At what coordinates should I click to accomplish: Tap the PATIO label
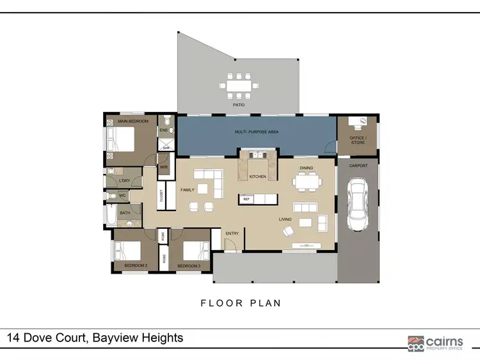click(x=239, y=104)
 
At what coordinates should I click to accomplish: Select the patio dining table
click(x=239, y=84)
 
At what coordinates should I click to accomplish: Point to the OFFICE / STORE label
click(x=358, y=140)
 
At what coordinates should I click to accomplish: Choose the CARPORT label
click(x=357, y=165)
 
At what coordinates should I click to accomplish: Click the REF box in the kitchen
click(x=246, y=200)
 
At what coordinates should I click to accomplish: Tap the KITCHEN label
click(x=257, y=176)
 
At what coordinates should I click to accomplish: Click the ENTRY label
click(x=232, y=233)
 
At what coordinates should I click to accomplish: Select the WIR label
click(x=164, y=167)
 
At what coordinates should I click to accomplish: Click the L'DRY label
click(x=124, y=181)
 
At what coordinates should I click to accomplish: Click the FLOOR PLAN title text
click(x=241, y=303)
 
